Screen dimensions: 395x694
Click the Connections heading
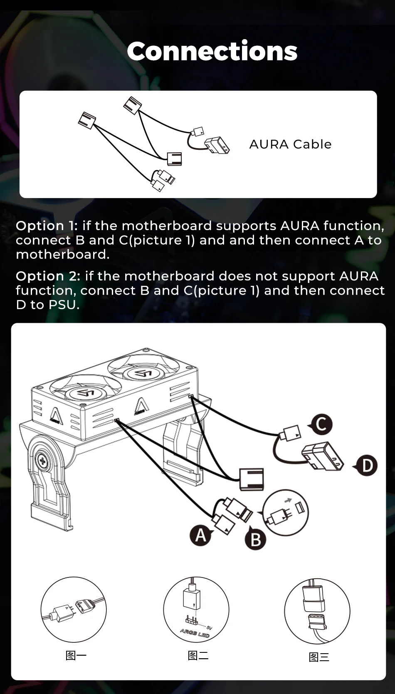coord(212,51)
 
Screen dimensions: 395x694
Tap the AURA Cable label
coord(290,144)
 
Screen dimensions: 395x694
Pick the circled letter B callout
coord(255,539)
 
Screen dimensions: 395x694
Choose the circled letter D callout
coord(366,466)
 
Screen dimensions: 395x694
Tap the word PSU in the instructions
coord(64,305)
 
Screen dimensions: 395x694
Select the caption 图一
coord(76,656)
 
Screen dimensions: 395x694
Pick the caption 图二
coord(198,656)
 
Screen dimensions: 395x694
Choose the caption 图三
coord(319,657)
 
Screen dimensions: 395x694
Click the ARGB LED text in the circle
coord(195,633)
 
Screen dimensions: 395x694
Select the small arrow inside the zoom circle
coord(288,500)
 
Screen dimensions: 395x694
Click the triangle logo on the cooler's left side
coord(56,415)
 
